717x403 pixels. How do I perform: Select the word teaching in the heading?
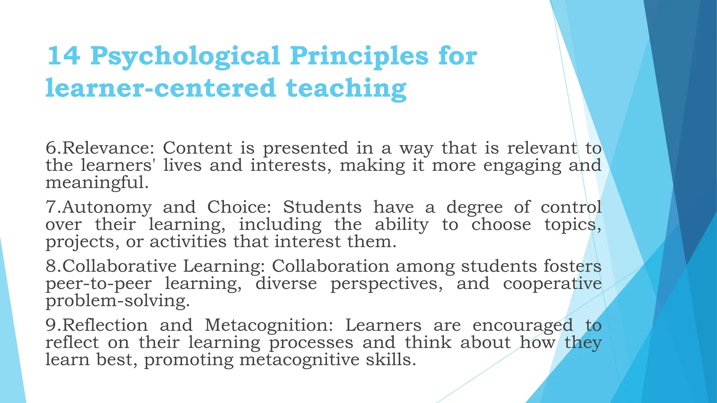pyautogui.click(x=346, y=88)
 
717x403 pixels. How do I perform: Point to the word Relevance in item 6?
pyautogui.click(x=108, y=148)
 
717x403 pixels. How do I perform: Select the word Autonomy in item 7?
pyautogui.click(x=107, y=207)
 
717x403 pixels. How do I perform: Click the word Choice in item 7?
pyautogui.click(x=239, y=207)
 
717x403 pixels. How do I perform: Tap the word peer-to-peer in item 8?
pyautogui.click(x=99, y=283)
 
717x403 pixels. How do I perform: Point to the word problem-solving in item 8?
pyautogui.click(x=118, y=301)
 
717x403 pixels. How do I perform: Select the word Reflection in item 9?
pyautogui.click(x=105, y=325)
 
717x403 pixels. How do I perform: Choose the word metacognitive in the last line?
pyautogui.click(x=299, y=360)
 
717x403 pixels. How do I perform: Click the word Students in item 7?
pyautogui.click(x=322, y=207)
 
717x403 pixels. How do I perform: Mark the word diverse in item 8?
pyautogui.click(x=286, y=283)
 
